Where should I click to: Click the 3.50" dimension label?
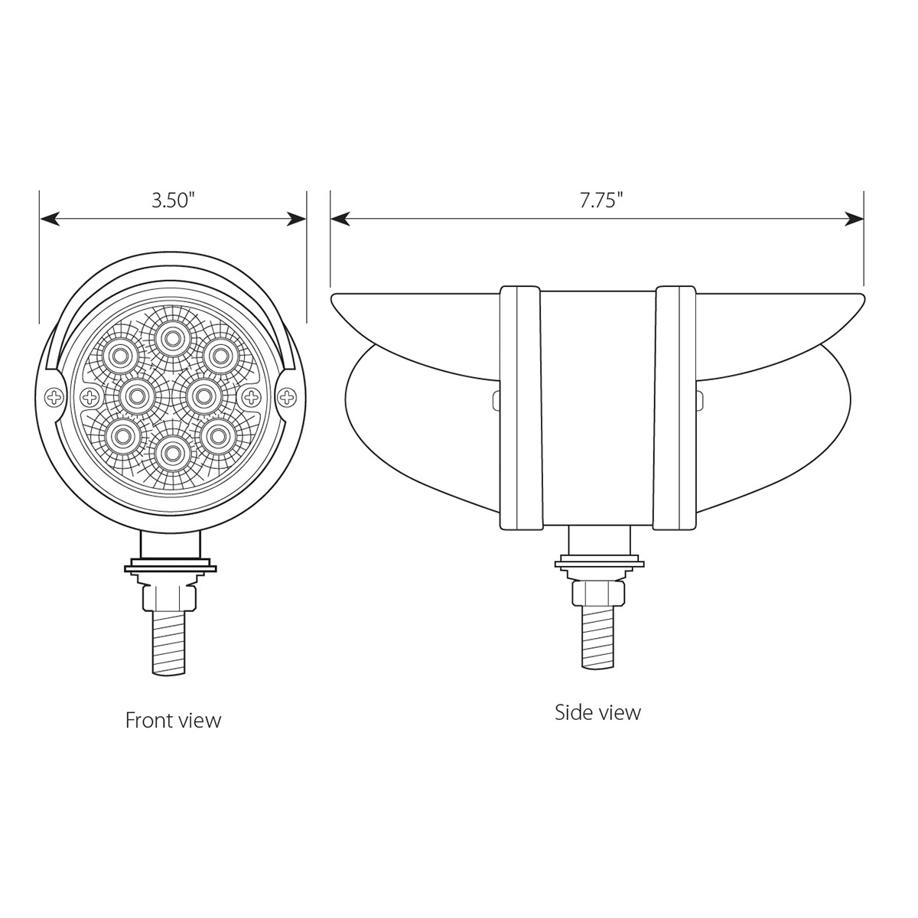pos(173,201)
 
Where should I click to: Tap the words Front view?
pos(173,720)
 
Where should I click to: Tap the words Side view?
pos(597,712)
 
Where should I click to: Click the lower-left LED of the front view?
pos(120,435)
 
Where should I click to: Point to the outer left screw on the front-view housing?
pos(54,396)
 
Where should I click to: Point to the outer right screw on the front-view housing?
pos(287,396)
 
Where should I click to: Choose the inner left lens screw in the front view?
pos(90,396)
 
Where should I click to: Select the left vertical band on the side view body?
pos(520,408)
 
